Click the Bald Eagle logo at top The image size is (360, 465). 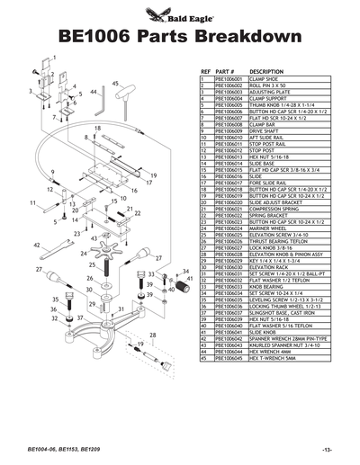point(179,14)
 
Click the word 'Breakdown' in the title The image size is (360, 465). point(247,37)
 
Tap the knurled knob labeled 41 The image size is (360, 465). point(190,286)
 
